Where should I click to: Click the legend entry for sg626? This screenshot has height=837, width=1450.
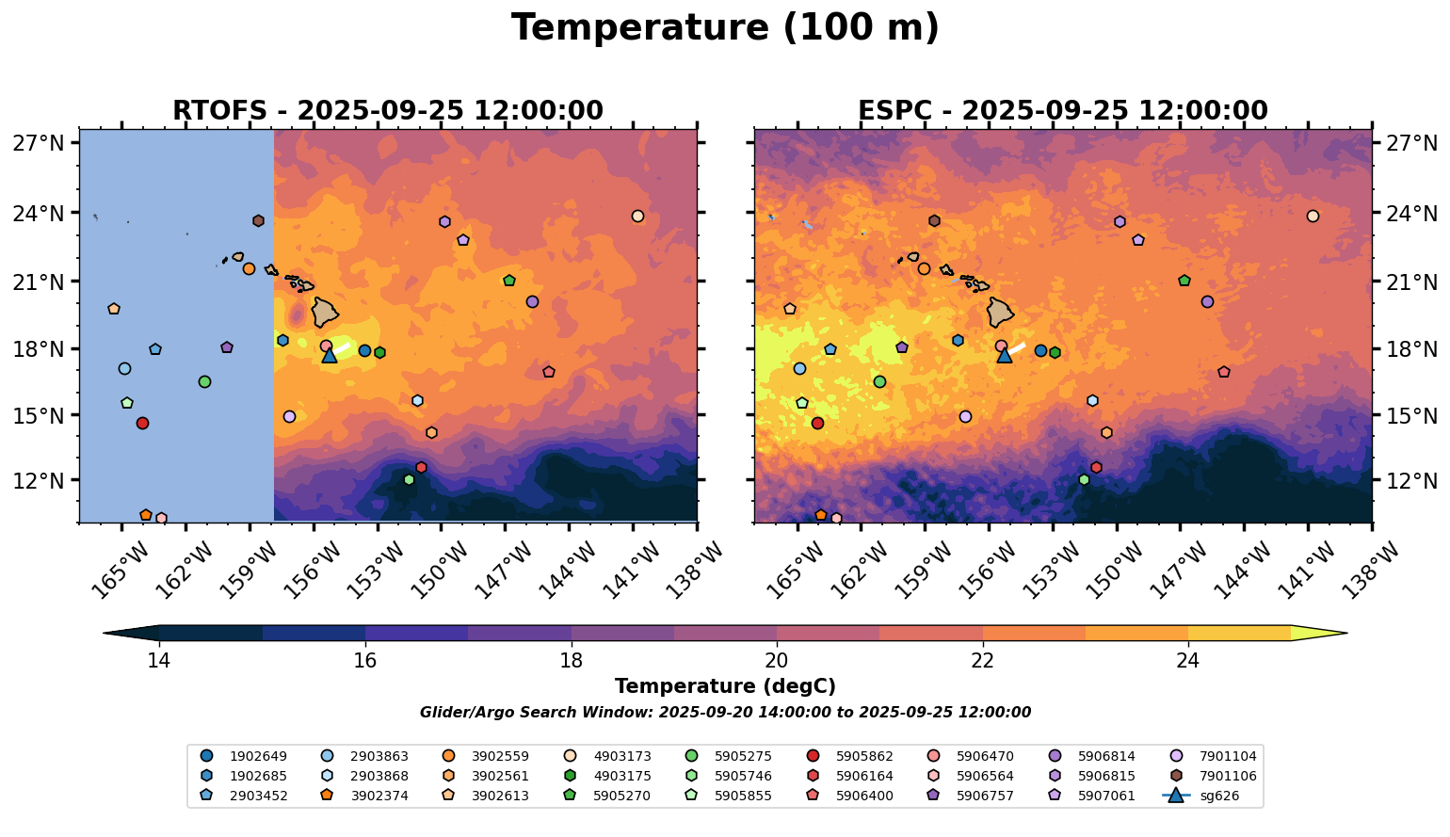pyautogui.click(x=1218, y=797)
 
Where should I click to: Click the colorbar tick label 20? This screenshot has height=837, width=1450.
pyautogui.click(x=777, y=660)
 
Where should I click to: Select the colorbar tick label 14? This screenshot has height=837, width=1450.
pyautogui.click(x=158, y=660)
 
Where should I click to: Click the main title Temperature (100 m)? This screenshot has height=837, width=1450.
pyautogui.click(x=725, y=28)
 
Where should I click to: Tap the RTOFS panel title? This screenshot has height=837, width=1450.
pyautogui.click(x=388, y=111)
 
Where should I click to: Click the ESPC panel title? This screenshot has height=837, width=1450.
pyautogui.click(x=1063, y=111)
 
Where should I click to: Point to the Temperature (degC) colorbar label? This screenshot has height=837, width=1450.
pyautogui.click(x=725, y=686)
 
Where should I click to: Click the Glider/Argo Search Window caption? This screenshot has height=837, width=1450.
pyautogui.click(x=725, y=713)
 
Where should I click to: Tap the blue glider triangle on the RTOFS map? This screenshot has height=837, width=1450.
pyautogui.click(x=330, y=355)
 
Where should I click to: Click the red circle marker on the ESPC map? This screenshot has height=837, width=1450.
pyautogui.click(x=817, y=423)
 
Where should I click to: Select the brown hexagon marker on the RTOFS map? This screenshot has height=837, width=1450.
pyautogui.click(x=258, y=220)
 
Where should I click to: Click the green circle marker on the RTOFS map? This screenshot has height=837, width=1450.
pyautogui.click(x=204, y=381)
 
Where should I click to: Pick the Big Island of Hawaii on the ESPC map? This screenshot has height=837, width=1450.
pyautogui.click(x=1002, y=312)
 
